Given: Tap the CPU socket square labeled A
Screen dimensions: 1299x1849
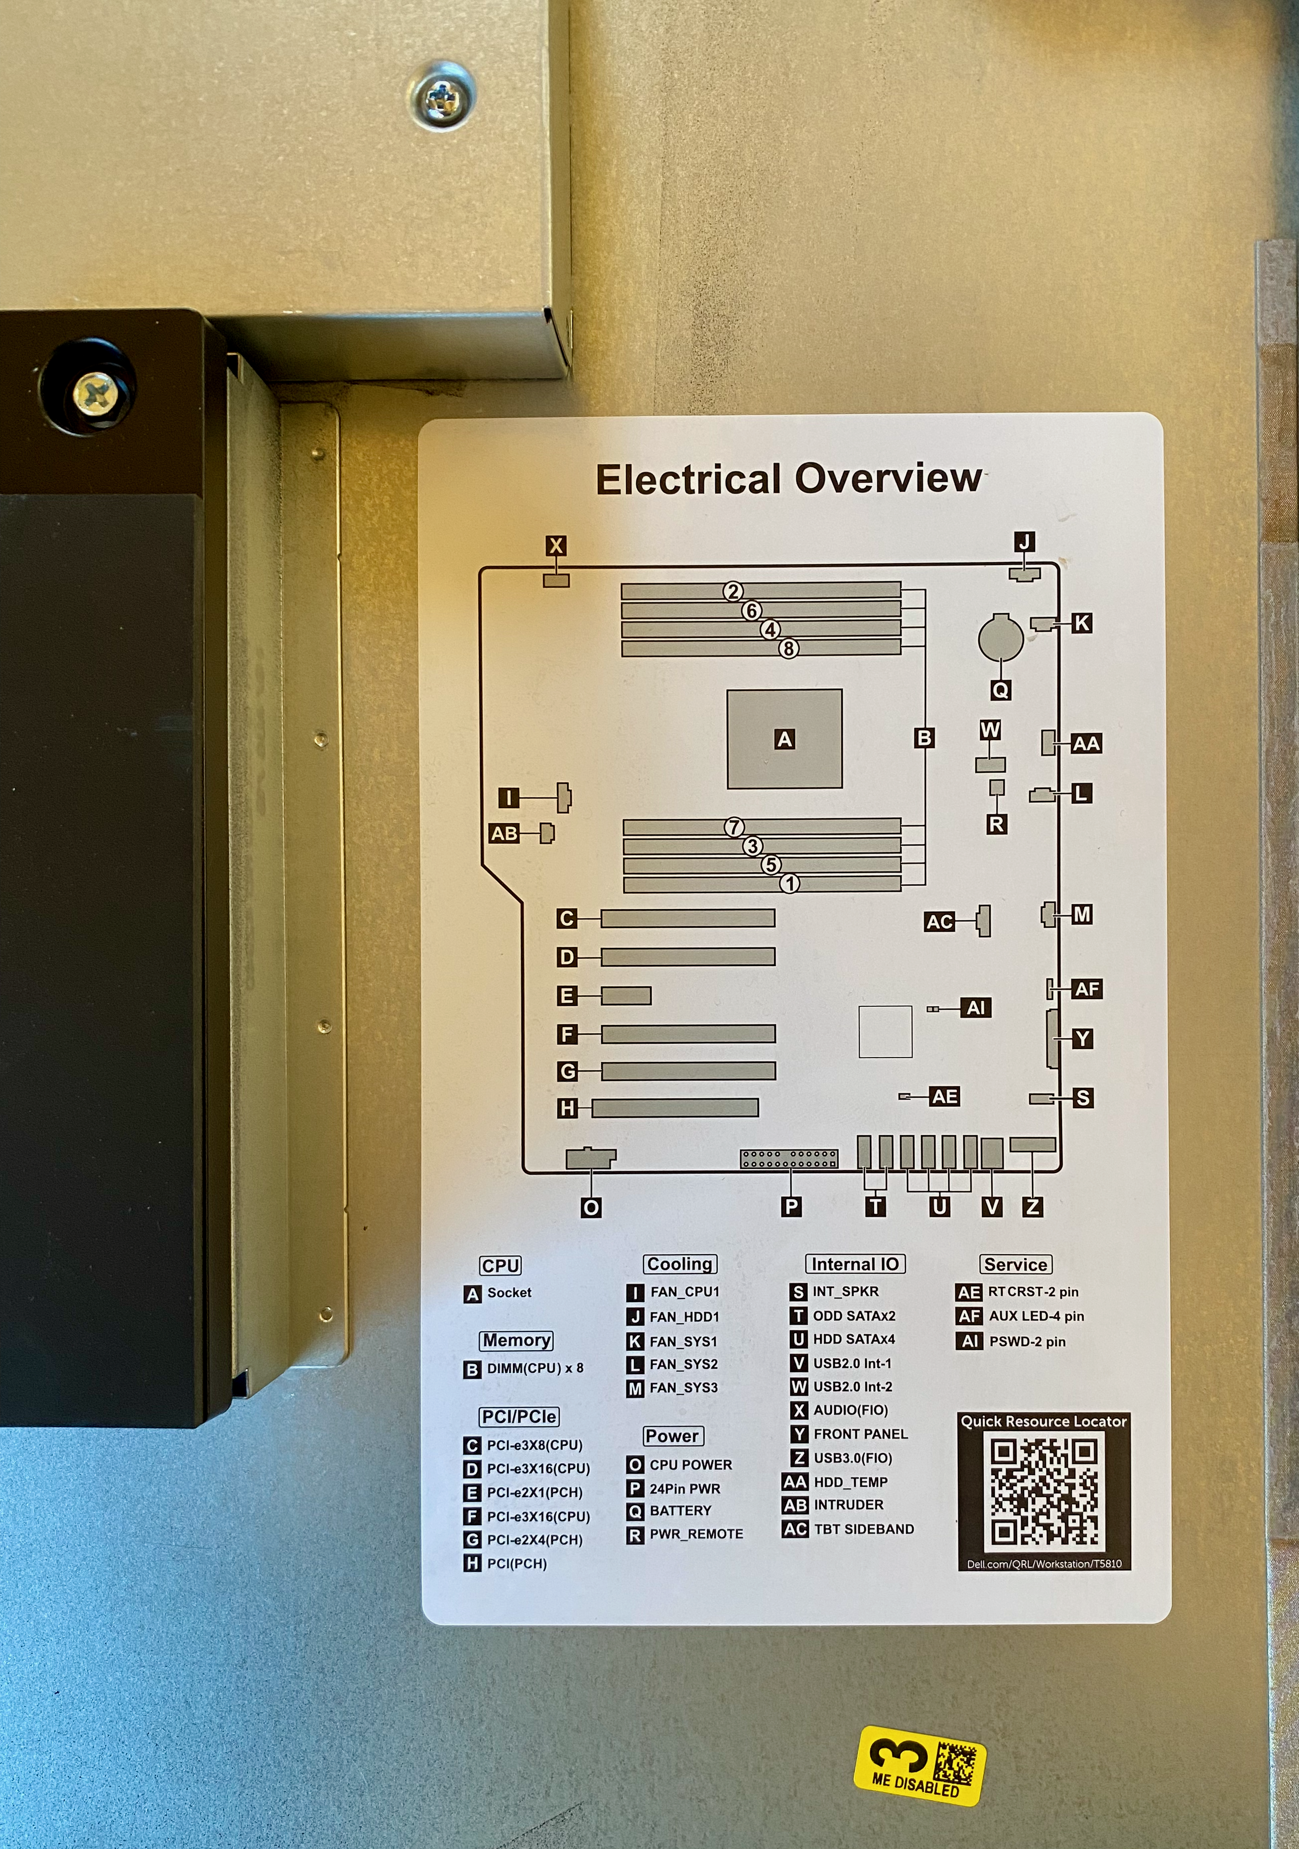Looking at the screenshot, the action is tap(784, 739).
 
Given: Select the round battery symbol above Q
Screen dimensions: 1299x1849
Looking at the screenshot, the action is tap(1001, 638).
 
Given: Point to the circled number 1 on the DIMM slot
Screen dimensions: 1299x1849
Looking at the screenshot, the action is tap(790, 883).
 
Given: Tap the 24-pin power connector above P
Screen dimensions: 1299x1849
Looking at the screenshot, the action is tap(789, 1159).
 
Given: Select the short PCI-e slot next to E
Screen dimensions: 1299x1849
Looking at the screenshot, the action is tap(626, 995).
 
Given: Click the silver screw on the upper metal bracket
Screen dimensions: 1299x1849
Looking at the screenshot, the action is tap(442, 97).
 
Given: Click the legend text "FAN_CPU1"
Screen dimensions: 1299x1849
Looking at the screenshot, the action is tap(685, 1292).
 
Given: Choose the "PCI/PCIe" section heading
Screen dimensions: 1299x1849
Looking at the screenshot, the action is tap(519, 1416).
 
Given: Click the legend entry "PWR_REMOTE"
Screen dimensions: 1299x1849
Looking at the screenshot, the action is tap(696, 1534).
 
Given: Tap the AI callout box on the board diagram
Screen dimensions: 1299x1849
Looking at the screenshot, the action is tap(975, 1007).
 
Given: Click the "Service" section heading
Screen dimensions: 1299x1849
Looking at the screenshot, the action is tap(1016, 1264).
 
